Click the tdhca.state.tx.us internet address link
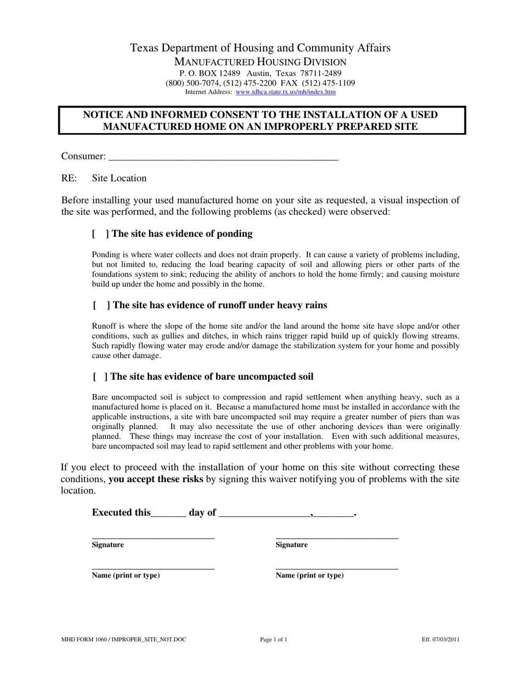click(285, 92)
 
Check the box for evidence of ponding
click(100, 234)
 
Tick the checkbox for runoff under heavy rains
click(100, 305)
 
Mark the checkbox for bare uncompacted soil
click(99, 377)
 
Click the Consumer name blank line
click(223, 157)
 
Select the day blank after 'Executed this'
click(168, 513)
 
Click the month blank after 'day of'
click(264, 513)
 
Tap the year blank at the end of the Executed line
click(334, 513)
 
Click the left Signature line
click(153, 536)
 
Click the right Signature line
click(337, 536)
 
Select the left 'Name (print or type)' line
click(153, 567)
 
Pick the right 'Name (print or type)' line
click(337, 567)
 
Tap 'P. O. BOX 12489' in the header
click(209, 73)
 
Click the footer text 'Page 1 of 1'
click(274, 639)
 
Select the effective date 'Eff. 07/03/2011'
click(440, 639)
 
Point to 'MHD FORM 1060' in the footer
click(84, 639)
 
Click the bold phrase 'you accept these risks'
click(156, 479)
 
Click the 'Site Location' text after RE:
click(119, 179)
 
